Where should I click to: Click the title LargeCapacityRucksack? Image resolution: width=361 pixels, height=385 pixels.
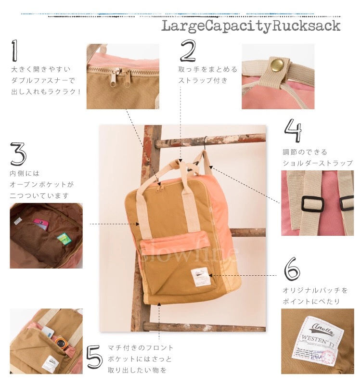[250, 26]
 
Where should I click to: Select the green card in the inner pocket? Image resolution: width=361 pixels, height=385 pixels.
[61, 238]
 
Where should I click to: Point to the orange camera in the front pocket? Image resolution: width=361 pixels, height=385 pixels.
[59, 343]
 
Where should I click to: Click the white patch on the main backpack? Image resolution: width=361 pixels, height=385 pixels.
[199, 277]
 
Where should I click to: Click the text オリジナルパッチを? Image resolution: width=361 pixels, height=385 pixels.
[314, 291]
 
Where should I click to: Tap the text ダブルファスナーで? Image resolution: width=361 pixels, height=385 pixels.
[43, 80]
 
